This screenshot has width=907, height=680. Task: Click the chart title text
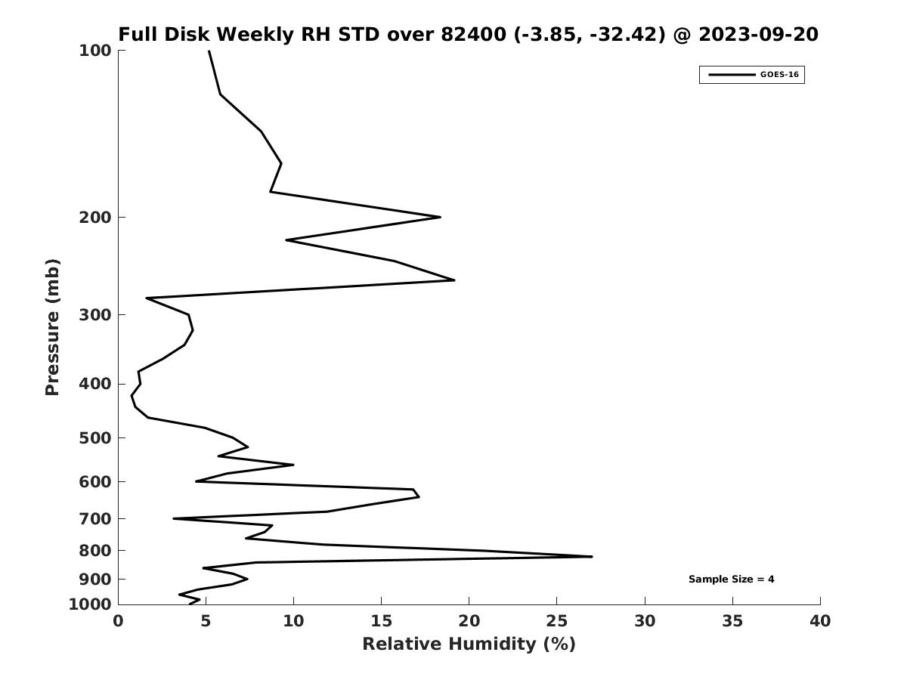(468, 35)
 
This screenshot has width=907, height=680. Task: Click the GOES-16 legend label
(779, 75)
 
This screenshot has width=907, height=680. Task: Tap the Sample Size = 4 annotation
(731, 580)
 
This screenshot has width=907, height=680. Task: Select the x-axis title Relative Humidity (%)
(469, 644)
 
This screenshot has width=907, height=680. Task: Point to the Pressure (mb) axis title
(52, 327)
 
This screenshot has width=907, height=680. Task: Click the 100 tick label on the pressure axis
(95, 51)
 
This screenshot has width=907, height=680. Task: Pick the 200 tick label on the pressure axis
(95, 218)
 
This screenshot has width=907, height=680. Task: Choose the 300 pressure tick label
(95, 315)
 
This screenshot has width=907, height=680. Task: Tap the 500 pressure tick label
(95, 438)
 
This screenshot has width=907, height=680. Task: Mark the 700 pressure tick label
(95, 519)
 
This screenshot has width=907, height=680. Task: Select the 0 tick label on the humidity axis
(119, 622)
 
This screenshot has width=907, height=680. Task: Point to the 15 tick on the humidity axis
(382, 622)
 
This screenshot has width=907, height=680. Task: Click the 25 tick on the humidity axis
(557, 622)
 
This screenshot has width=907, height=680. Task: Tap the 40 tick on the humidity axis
(820, 622)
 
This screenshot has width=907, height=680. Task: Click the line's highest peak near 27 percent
(592, 557)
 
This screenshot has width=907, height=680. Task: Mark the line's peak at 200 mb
(440, 218)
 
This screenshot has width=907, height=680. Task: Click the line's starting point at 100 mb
(209, 51)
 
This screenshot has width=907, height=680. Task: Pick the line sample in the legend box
(732, 75)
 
